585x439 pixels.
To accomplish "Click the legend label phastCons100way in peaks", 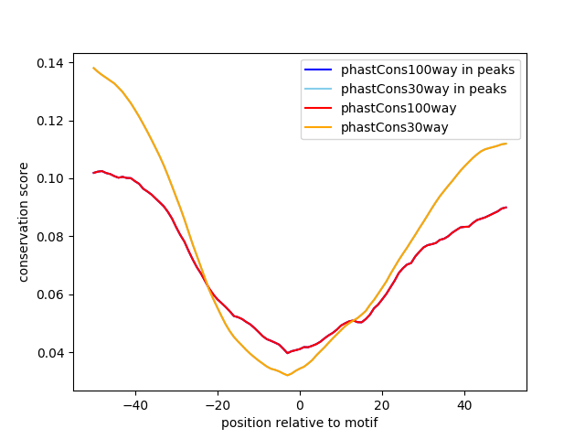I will point(427,70).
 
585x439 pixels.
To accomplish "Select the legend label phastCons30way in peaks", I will point(423,89).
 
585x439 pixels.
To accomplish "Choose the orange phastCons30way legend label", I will point(395,127).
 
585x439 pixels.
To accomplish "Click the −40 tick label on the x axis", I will point(134,404).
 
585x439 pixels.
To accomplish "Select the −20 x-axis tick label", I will point(217,404).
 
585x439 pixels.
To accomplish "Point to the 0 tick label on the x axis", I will point(300,404).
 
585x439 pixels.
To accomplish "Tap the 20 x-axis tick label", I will point(382,404).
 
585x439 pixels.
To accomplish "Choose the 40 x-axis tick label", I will point(464,404).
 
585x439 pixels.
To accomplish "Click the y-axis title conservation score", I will point(24,221).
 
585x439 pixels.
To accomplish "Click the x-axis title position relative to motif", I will point(300,423).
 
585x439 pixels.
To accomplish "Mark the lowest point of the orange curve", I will point(287,375).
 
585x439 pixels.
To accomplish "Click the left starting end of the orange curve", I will point(93,68).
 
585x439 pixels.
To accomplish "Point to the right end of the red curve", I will point(506,207).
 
